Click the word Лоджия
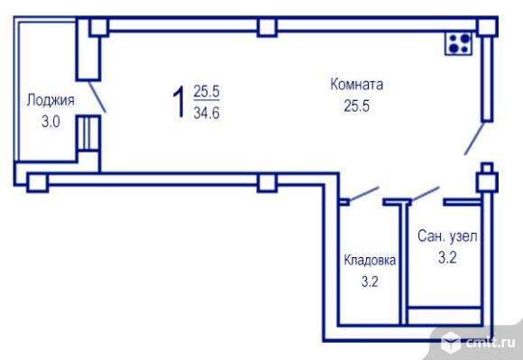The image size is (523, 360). [x=50, y=100]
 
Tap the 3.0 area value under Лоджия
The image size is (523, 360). [x=50, y=122]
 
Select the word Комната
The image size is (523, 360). [x=356, y=85]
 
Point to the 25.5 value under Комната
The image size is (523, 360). [x=356, y=106]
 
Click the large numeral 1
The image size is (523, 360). [x=179, y=101]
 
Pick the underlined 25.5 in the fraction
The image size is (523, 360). [x=206, y=91]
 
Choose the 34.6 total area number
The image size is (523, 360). [x=206, y=113]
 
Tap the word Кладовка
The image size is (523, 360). [x=370, y=260]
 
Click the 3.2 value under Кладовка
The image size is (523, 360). [x=370, y=282]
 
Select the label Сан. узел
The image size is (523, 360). [x=447, y=236]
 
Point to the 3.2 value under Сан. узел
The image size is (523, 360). [x=447, y=257]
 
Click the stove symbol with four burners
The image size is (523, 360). [x=459, y=43]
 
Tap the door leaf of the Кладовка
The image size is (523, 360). [x=364, y=194]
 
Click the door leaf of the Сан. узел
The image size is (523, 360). [x=425, y=194]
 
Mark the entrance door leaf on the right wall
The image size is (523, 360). [x=474, y=138]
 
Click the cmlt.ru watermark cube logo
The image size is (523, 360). [x=451, y=342]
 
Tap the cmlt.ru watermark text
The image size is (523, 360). [x=491, y=343]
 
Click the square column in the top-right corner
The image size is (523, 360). [x=487, y=27]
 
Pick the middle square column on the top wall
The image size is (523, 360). [x=267, y=27]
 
